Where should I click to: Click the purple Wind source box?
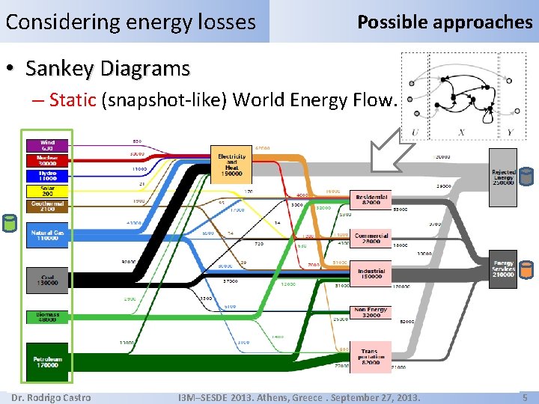47,145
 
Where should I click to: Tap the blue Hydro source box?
47,176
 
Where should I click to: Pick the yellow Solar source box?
47,191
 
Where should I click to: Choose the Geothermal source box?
47,205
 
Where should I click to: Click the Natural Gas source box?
47,236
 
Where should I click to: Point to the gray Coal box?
47,280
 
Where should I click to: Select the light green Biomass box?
47,317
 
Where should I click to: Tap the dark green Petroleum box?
47,362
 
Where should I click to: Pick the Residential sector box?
371,199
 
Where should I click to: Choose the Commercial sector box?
371,239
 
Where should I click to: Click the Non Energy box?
371,312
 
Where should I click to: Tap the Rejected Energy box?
503,177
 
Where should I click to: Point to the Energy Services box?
503,269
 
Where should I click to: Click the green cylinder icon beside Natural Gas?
10,224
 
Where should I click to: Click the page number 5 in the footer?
525,397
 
